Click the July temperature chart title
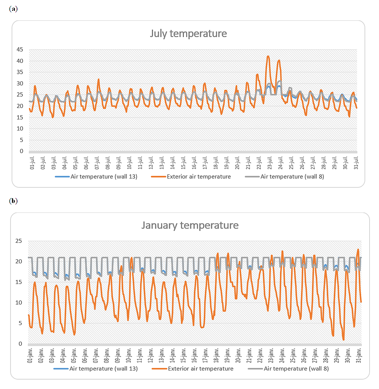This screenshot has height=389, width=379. [x=188, y=34]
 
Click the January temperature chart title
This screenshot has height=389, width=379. [x=190, y=225]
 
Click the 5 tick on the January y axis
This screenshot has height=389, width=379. [x=20, y=323]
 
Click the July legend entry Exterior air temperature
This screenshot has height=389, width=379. [x=198, y=177]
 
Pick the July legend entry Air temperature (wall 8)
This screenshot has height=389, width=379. [x=292, y=177]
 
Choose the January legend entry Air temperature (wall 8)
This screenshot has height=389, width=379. [x=296, y=369]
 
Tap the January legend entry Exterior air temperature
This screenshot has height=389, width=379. [x=201, y=369]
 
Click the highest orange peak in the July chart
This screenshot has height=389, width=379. [x=268, y=56]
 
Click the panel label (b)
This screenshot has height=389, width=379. [x=13, y=201]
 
